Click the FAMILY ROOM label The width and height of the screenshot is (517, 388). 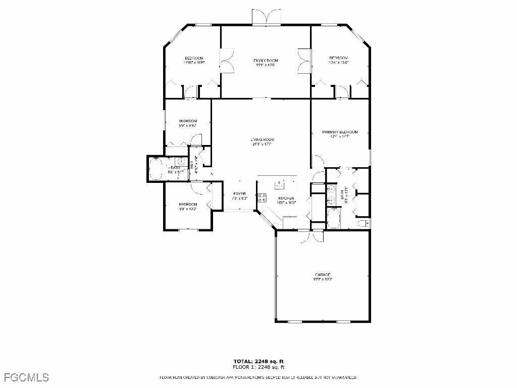(266, 61)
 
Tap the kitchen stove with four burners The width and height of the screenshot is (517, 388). (262, 198)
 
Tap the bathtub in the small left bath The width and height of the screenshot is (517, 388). (155, 168)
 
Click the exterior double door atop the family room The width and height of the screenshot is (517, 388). (266, 17)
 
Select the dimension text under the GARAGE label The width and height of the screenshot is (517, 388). (323, 279)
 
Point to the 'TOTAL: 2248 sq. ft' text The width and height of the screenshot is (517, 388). (258, 361)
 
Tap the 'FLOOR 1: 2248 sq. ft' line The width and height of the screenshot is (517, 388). (258, 367)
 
